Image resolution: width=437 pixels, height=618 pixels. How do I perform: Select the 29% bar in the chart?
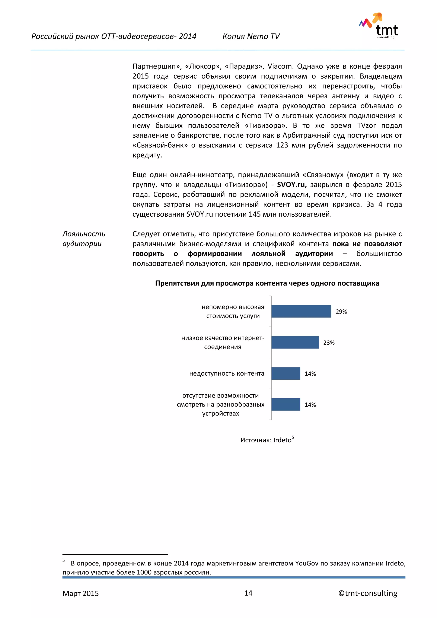(301, 311)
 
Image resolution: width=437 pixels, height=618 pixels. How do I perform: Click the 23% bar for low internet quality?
(295, 342)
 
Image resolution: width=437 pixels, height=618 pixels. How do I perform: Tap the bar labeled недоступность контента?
(286, 373)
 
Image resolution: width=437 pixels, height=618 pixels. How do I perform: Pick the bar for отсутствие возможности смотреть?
(286, 404)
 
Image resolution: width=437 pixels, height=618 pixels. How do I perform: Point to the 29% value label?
(341, 312)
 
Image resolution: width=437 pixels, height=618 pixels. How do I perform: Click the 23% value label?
(329, 343)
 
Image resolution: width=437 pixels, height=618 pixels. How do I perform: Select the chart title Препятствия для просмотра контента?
(267, 283)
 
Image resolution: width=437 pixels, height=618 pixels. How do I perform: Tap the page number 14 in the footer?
(248, 593)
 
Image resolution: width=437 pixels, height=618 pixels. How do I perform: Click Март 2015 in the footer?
(80, 593)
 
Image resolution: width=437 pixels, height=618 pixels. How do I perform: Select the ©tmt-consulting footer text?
(368, 593)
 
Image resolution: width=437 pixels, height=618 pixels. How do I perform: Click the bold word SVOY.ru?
(292, 185)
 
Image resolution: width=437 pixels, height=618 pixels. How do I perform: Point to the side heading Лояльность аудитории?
(83, 239)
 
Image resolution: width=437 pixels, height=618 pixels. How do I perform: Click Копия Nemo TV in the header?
(251, 36)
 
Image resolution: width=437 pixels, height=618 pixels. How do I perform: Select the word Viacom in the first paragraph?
(280, 66)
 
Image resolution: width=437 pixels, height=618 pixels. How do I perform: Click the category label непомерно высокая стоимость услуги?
(233, 311)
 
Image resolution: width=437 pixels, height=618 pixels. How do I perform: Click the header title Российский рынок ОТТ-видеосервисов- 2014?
(114, 36)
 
